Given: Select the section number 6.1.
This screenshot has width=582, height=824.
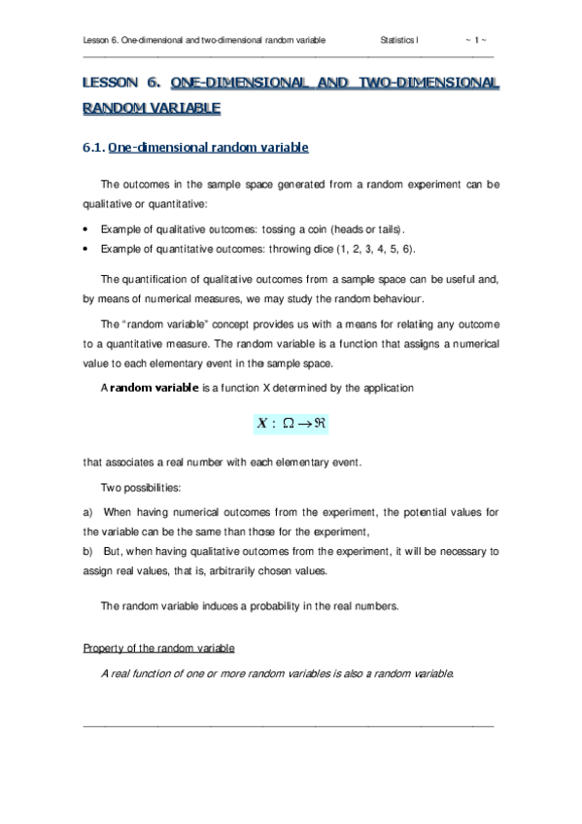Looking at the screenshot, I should coord(93,149).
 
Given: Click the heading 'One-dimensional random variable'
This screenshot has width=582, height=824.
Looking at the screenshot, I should coord(208,149).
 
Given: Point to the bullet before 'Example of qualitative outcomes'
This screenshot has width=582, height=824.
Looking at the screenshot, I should coord(87,229).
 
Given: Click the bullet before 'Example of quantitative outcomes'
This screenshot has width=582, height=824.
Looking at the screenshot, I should coord(87,250).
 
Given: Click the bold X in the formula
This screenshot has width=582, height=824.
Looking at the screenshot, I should coord(260,424).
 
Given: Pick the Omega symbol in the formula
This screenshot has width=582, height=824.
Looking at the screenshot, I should coord(290,424).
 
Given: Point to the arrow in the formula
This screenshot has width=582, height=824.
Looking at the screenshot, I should coord(310,424).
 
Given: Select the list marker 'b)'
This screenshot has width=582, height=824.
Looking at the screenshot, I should coord(87,551).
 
